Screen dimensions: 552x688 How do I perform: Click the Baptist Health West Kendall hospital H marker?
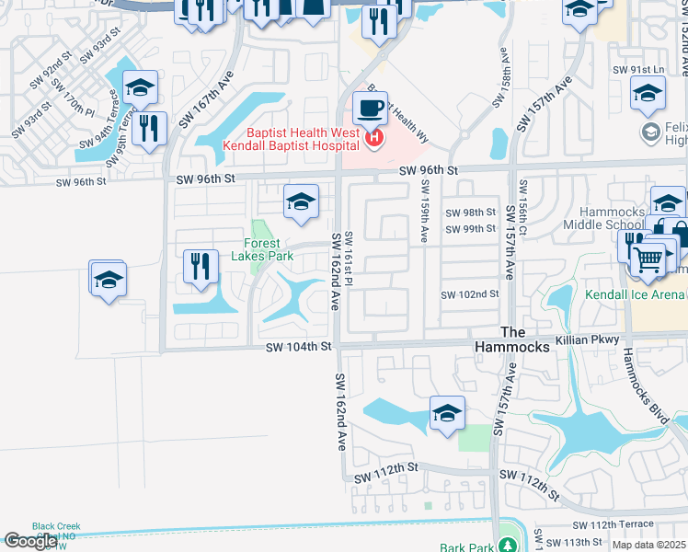(374, 140)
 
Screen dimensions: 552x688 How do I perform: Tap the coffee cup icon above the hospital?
(370, 108)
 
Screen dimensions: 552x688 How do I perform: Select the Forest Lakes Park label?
(262, 249)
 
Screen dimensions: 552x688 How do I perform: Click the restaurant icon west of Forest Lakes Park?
(200, 266)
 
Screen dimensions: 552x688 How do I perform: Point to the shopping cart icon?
(648, 261)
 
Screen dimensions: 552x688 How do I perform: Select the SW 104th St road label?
(298, 347)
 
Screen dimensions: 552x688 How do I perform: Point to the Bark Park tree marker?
(507, 534)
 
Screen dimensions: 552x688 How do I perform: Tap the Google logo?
(30, 541)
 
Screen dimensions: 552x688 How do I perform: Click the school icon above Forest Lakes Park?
(301, 201)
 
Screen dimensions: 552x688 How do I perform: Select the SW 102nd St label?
(469, 294)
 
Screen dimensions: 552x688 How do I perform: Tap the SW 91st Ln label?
(638, 70)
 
